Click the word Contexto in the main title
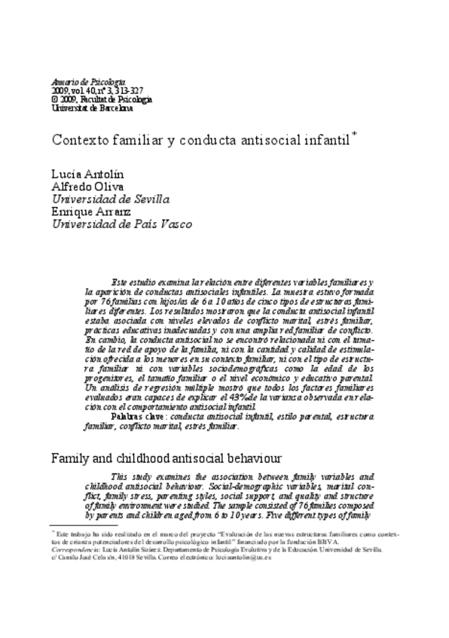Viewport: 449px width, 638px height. pos(78,141)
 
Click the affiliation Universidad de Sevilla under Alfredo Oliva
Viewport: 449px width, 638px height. pos(109,199)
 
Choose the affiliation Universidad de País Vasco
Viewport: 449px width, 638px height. pos(120,225)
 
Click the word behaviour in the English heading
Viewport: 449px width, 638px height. pos(250,457)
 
